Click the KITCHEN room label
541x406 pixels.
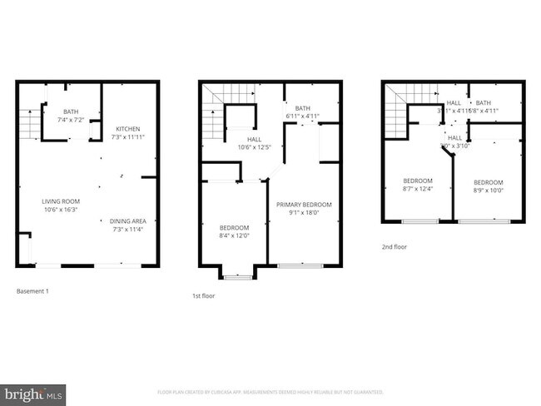127,129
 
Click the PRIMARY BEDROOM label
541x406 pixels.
304,205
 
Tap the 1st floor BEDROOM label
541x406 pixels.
234,228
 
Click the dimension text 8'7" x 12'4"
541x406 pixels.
418,189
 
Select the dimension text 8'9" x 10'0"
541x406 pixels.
489,190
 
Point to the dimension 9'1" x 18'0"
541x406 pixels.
304,212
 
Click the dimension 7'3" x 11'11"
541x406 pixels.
127,136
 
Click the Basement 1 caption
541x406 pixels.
33,291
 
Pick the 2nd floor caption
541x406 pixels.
394,247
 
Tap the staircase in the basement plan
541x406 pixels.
30,125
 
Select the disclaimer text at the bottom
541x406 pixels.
270,392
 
